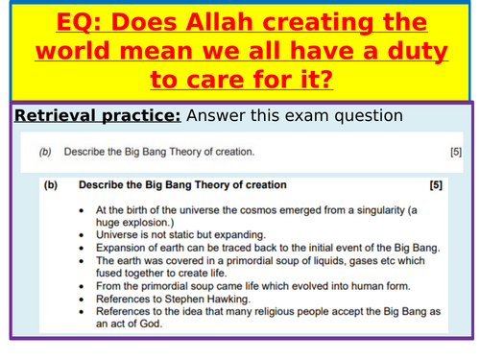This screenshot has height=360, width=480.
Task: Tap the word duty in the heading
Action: tap(418, 52)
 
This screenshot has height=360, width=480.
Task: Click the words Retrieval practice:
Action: tap(98, 116)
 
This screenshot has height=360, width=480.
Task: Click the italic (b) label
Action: tap(45, 152)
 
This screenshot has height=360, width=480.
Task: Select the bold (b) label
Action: tap(51, 185)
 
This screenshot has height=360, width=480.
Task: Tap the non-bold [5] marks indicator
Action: tap(456, 152)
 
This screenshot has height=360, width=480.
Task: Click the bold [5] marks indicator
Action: tap(436, 185)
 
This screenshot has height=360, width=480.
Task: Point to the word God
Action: tap(151, 324)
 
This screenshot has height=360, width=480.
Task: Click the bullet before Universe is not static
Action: tap(82, 235)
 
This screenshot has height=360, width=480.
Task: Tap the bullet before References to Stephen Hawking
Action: tap(82, 300)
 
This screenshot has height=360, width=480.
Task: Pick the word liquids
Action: tap(330, 261)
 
